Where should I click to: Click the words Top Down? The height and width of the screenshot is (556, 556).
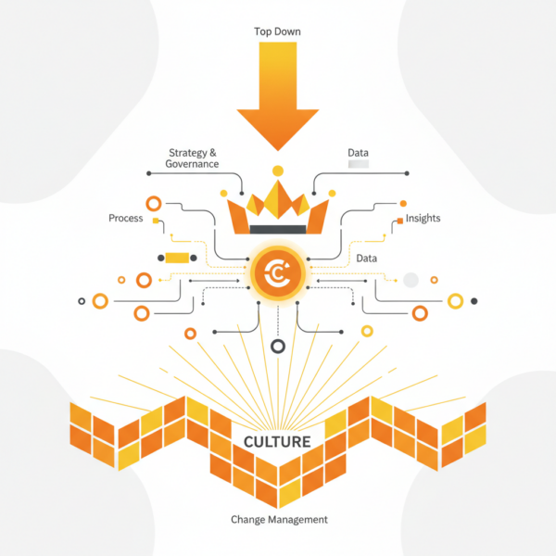pos(277,32)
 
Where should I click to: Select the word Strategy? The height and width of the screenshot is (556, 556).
pos(189,152)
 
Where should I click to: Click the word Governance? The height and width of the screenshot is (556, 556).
pos(192,164)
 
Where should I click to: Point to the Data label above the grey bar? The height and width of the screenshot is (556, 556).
pos(358,152)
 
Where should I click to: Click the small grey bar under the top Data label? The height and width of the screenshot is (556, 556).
pos(358,164)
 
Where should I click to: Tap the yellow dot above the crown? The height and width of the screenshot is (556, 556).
pos(277,171)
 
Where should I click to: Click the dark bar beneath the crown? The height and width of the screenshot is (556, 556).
pos(277,228)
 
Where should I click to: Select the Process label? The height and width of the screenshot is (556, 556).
pos(126,219)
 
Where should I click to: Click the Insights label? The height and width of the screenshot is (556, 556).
pos(423,219)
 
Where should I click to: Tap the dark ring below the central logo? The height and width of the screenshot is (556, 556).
pos(277,347)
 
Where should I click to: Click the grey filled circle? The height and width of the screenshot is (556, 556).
pos(411,279)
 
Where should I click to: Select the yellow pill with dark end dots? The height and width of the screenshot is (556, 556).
pos(176,258)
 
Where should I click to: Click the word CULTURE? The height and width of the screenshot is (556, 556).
pos(277,441)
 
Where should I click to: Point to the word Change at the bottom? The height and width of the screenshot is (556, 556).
pos(249,520)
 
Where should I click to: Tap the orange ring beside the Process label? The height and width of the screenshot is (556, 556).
pos(154,203)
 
